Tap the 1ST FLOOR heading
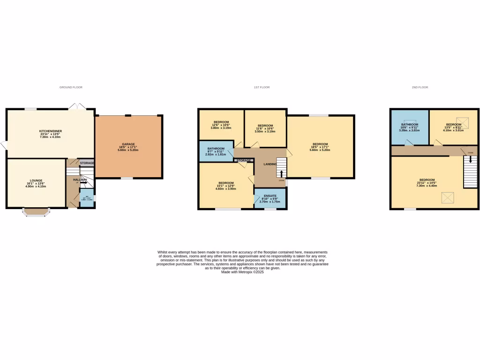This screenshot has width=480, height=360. [x=262, y=88]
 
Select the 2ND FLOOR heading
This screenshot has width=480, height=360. [x=420, y=88]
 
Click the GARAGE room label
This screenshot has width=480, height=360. [x=128, y=144]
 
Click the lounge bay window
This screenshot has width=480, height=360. [x=36, y=212]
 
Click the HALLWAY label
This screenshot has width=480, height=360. [x=80, y=180]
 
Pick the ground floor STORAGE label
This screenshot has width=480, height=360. [x=87, y=163]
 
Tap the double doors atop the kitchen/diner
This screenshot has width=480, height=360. [x=76, y=107]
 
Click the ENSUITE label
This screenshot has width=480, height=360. [x=270, y=196]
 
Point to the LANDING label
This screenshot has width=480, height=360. [x=270, y=164]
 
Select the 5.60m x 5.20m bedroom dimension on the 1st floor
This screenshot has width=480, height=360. [x=320, y=150]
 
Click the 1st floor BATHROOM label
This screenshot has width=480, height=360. [x=216, y=149]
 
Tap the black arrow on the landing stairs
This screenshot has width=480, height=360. [x=282, y=173]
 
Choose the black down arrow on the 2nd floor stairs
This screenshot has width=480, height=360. [x=471, y=172]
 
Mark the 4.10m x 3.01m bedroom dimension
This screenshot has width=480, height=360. [x=454, y=131]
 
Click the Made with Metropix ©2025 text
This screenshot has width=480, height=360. [x=242, y=272]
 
